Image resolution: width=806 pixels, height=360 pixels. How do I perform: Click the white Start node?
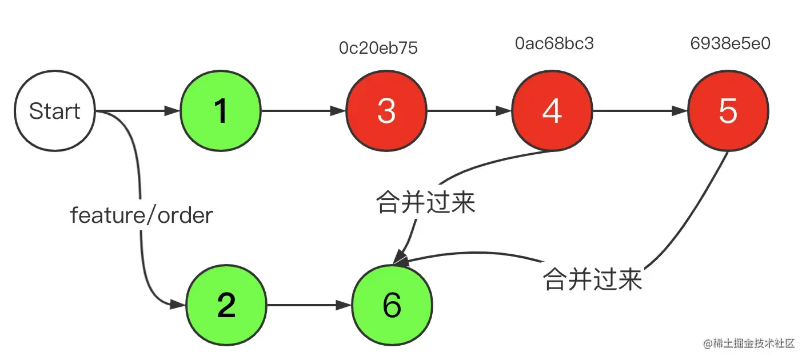pyautogui.click(x=55, y=111)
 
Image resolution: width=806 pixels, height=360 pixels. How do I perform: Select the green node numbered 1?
pyautogui.click(x=221, y=111)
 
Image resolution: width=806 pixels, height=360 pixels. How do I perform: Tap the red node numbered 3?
pyautogui.click(x=386, y=111)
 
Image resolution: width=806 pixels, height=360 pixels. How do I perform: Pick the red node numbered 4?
pyautogui.click(x=552, y=111)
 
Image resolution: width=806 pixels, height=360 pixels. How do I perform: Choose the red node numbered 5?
pyautogui.click(x=728, y=111)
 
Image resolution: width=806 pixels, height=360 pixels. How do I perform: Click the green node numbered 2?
pyautogui.click(x=226, y=305)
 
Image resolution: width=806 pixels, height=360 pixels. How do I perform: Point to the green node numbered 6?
pyautogui.click(x=392, y=305)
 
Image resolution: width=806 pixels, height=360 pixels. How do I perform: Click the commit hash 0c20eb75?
pyautogui.click(x=378, y=48)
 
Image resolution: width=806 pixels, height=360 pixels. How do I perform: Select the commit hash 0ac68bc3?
pyautogui.click(x=554, y=43)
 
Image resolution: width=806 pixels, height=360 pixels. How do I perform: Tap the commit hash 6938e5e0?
pyautogui.click(x=730, y=43)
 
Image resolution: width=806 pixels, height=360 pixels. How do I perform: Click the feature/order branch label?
pyautogui.click(x=141, y=215)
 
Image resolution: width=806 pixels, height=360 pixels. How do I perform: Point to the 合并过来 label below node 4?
pyautogui.click(x=426, y=202)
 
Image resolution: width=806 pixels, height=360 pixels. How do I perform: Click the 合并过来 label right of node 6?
pyautogui.click(x=592, y=279)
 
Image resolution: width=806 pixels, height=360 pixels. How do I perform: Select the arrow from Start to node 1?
pyautogui.click(x=137, y=111)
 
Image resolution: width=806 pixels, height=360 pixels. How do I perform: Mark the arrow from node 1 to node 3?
pyautogui.click(x=304, y=111)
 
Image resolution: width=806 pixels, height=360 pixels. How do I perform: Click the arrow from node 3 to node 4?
pyautogui.click(x=469, y=111)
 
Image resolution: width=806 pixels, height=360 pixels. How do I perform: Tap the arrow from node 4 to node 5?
pyautogui.click(x=640, y=111)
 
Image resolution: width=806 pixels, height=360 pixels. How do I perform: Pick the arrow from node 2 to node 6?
pyautogui.click(x=309, y=305)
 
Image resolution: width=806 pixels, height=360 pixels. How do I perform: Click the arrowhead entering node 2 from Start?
pyautogui.click(x=178, y=305)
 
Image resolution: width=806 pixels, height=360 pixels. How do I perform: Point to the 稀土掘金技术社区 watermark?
pyautogui.click(x=749, y=343)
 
